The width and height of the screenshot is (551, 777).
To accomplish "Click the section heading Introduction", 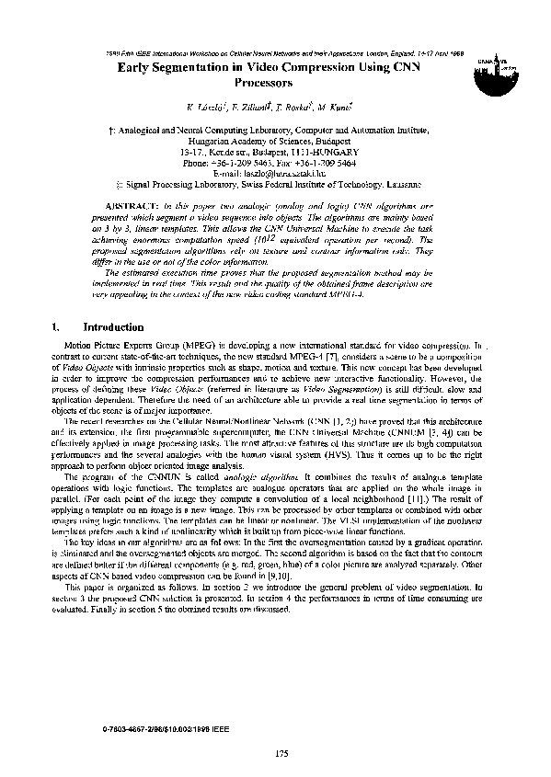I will pos(113,326).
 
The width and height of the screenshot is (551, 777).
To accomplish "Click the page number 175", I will pos(282,755).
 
